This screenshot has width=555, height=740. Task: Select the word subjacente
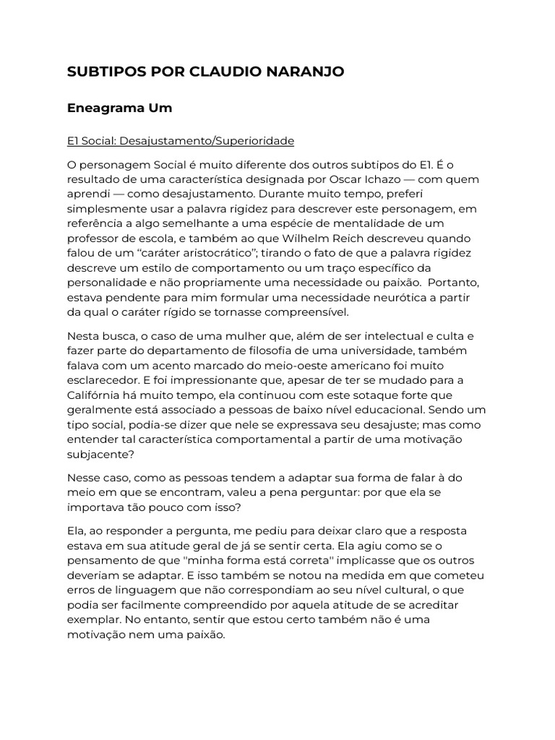click(98, 455)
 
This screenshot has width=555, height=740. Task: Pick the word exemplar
click(93, 620)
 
